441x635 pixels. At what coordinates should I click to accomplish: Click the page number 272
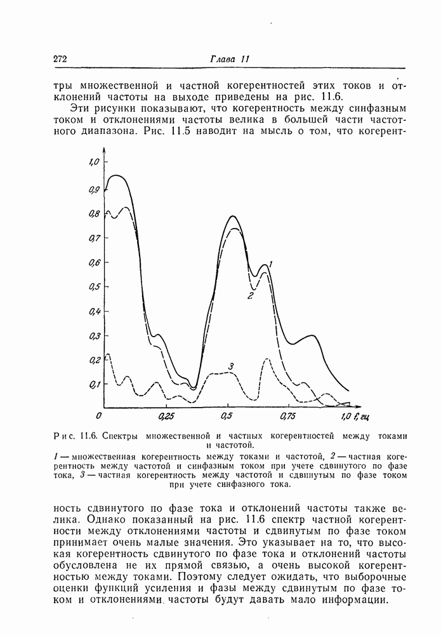pyautogui.click(x=61, y=59)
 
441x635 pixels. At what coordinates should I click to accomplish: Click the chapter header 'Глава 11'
pyautogui.click(x=230, y=59)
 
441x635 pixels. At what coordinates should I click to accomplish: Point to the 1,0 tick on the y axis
pyautogui.click(x=95, y=163)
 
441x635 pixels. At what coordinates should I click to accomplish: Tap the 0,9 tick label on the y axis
pyautogui.click(x=95, y=190)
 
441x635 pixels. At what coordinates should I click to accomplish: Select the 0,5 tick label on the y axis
pyautogui.click(x=95, y=287)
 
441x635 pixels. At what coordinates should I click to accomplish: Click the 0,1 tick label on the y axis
pyautogui.click(x=95, y=385)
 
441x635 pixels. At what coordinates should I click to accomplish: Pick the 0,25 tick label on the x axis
pyautogui.click(x=166, y=417)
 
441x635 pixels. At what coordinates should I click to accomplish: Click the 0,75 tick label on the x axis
pyautogui.click(x=288, y=417)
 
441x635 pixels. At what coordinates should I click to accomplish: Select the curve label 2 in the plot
pyautogui.click(x=251, y=296)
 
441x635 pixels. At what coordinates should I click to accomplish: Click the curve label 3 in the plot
pyautogui.click(x=232, y=366)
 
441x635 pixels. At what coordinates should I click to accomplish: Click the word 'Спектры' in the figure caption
pyautogui.click(x=123, y=436)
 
